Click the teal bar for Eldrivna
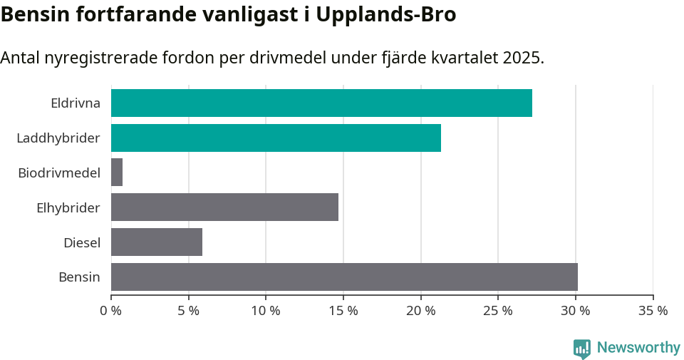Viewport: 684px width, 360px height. (x=321, y=103)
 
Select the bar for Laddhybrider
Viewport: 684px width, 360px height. (x=276, y=138)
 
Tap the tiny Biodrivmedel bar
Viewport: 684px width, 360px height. (x=117, y=173)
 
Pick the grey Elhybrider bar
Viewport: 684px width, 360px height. (x=224, y=207)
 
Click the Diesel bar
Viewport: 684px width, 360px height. (x=157, y=242)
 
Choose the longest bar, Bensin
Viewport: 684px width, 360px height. (x=344, y=277)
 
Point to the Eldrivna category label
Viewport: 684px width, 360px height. (x=76, y=103)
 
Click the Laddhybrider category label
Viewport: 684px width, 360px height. (x=58, y=138)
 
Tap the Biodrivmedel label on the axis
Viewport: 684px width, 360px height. (x=59, y=173)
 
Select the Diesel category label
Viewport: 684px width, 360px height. (x=82, y=242)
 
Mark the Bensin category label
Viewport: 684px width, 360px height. (x=79, y=277)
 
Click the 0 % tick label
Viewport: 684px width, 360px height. (x=111, y=311)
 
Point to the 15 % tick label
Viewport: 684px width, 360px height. (x=343, y=311)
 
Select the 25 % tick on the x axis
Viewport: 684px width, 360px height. (x=498, y=311)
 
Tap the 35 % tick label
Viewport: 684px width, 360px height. (x=653, y=311)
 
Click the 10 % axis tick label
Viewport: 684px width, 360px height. (x=266, y=311)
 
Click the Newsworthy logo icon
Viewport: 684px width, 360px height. (x=582, y=348)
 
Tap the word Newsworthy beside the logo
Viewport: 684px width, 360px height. (x=638, y=348)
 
